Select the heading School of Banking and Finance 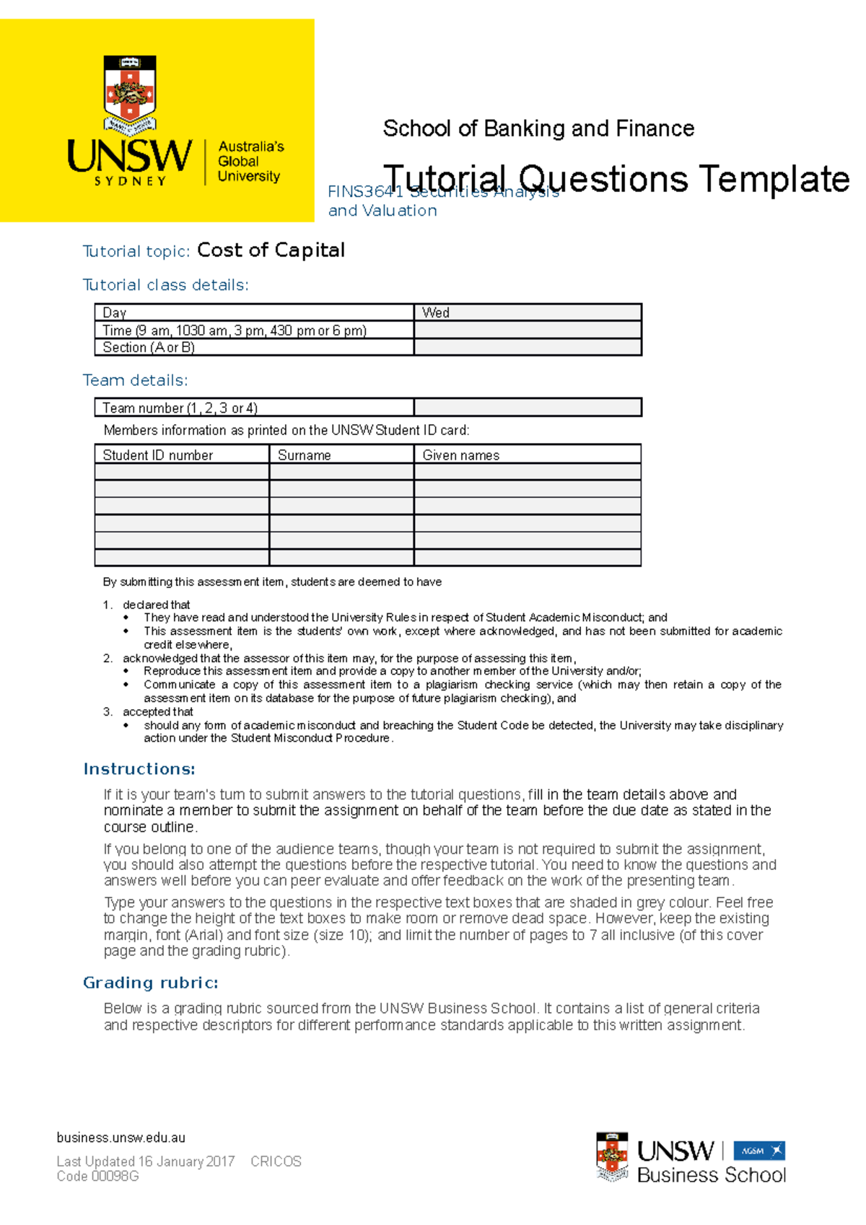point(538,128)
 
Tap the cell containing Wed point(527,312)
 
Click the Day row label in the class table point(254,312)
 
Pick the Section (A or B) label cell point(254,347)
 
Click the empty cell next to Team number point(527,408)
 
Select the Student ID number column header point(181,455)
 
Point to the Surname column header point(341,455)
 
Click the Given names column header point(527,455)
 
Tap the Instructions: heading point(139,769)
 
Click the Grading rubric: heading point(150,983)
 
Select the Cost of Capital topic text point(271,250)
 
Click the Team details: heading point(135,380)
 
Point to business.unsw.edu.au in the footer point(121,1138)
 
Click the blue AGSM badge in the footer point(758,1151)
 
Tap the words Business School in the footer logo point(711,1175)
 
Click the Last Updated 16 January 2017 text point(145,1162)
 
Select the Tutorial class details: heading point(165,285)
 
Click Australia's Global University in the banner point(250,162)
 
